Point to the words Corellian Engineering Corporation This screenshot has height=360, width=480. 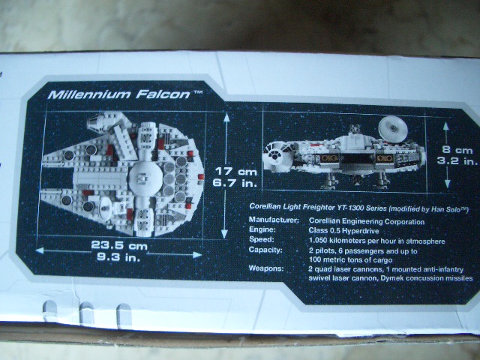pyautogui.click(x=367, y=222)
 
